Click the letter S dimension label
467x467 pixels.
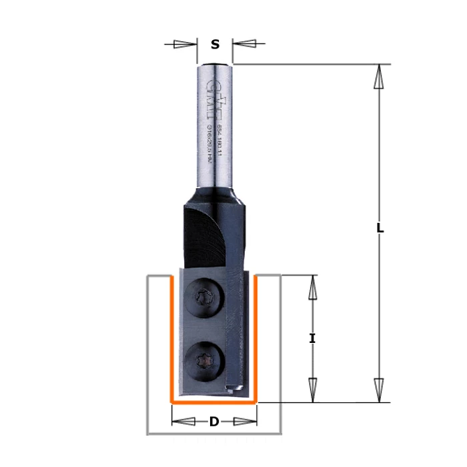(x=215, y=45)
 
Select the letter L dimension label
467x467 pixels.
(x=379, y=227)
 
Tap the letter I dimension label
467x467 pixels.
(x=312, y=338)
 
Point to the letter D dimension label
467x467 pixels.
(x=213, y=422)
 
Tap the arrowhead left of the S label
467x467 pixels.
(x=181, y=45)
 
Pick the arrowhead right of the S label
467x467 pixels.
(x=248, y=45)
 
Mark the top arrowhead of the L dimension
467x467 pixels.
(x=378, y=79)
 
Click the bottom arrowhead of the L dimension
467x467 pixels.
(x=378, y=386)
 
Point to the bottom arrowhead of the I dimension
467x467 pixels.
(x=312, y=386)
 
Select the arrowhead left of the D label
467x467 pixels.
(x=186, y=422)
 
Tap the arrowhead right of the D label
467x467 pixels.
(x=242, y=422)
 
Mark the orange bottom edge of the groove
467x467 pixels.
(x=214, y=403)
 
